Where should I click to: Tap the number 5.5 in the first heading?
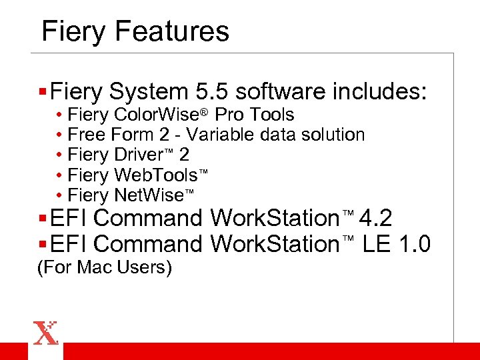click(213, 91)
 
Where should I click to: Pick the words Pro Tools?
click(254, 115)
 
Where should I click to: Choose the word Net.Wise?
click(149, 195)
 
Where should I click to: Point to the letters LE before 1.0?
click(377, 245)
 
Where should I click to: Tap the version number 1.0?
click(414, 245)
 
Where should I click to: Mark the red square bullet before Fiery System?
click(43, 91)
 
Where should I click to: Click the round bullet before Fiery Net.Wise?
click(59, 195)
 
